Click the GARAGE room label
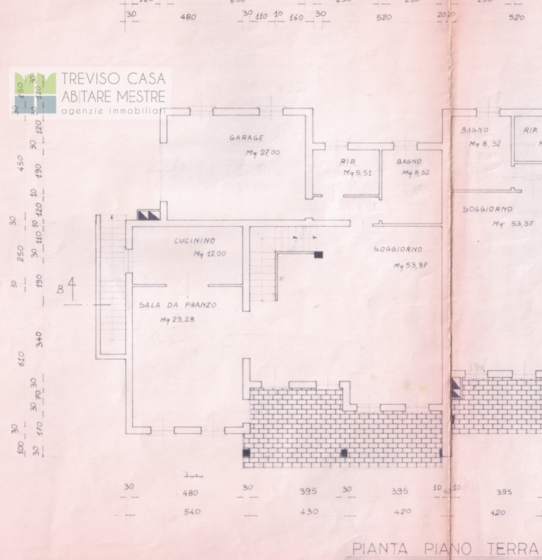(246, 138)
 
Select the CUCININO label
(194, 241)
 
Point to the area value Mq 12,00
(210, 254)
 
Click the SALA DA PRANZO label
(177, 305)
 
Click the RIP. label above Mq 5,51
(348, 162)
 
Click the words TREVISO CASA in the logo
(113, 78)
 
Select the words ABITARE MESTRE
(113, 97)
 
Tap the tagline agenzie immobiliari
(113, 111)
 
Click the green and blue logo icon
(35, 93)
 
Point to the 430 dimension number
(309, 512)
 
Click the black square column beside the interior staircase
(318, 255)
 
